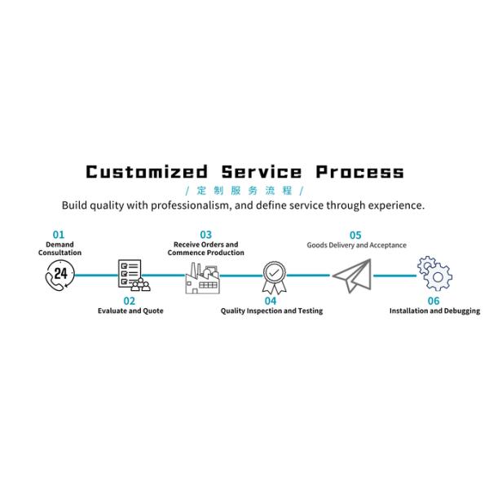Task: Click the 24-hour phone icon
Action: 59,275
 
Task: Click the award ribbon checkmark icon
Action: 275,276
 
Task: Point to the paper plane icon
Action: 352,275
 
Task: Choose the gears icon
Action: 434,274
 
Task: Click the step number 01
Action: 59,234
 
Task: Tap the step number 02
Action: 130,301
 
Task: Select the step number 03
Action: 205,234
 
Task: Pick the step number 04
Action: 271,301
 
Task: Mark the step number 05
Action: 355,235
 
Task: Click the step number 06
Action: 434,301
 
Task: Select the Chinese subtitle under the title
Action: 244,191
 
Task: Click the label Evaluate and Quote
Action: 130,311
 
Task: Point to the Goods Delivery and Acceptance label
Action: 356,244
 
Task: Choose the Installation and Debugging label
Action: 434,311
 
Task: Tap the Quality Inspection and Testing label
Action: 271,311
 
